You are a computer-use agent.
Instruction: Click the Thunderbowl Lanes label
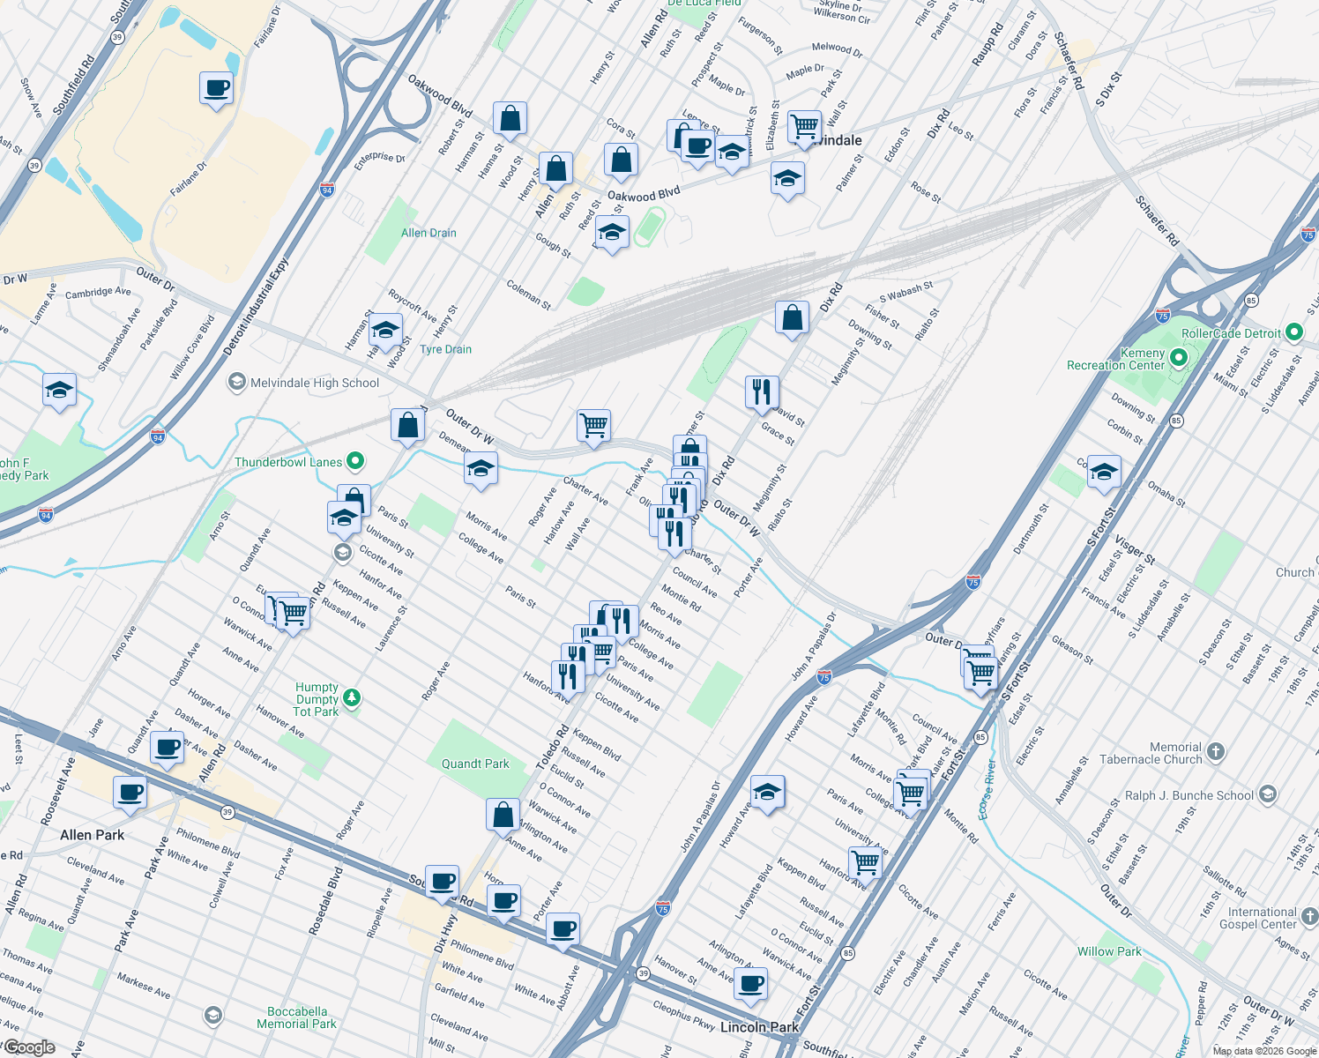click(x=288, y=462)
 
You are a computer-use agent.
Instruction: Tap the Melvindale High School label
click(x=314, y=383)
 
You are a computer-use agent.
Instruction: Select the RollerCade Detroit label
click(x=1231, y=333)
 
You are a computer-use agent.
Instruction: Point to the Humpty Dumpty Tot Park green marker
click(x=352, y=698)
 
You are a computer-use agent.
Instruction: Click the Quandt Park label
click(x=475, y=764)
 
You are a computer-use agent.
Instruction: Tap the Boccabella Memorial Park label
click(x=296, y=1017)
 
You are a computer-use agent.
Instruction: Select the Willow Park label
click(x=1109, y=951)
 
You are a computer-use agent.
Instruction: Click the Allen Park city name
click(x=93, y=835)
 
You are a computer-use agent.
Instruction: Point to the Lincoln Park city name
click(x=759, y=1027)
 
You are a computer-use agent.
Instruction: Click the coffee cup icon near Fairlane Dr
click(x=216, y=89)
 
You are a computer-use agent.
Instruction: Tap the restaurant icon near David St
click(x=762, y=391)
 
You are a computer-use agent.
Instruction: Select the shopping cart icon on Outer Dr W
click(x=594, y=426)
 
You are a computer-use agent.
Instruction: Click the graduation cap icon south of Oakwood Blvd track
click(x=611, y=234)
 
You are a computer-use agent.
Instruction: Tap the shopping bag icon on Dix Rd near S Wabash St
click(x=792, y=317)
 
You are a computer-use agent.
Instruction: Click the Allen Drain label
click(x=428, y=233)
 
